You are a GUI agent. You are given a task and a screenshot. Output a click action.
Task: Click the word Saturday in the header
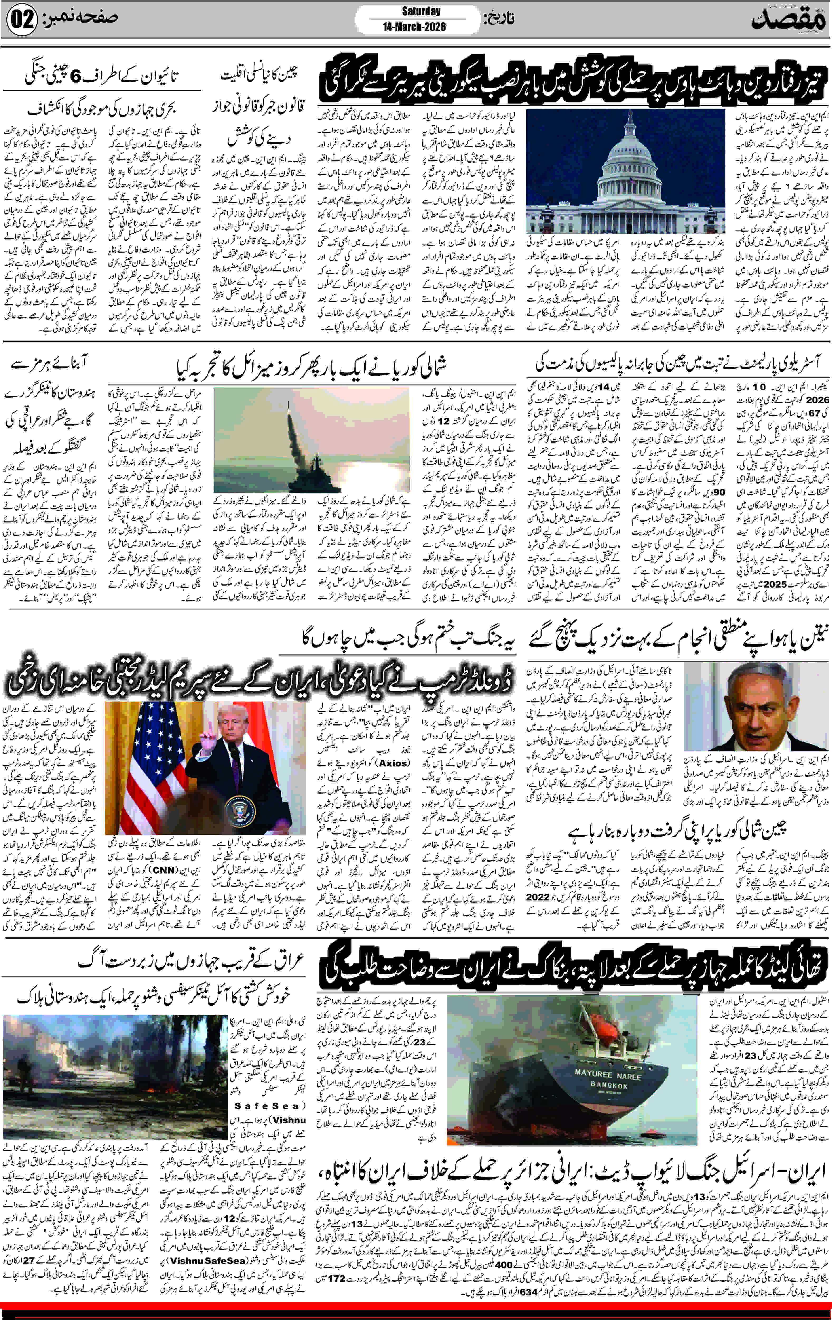click(x=421, y=11)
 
